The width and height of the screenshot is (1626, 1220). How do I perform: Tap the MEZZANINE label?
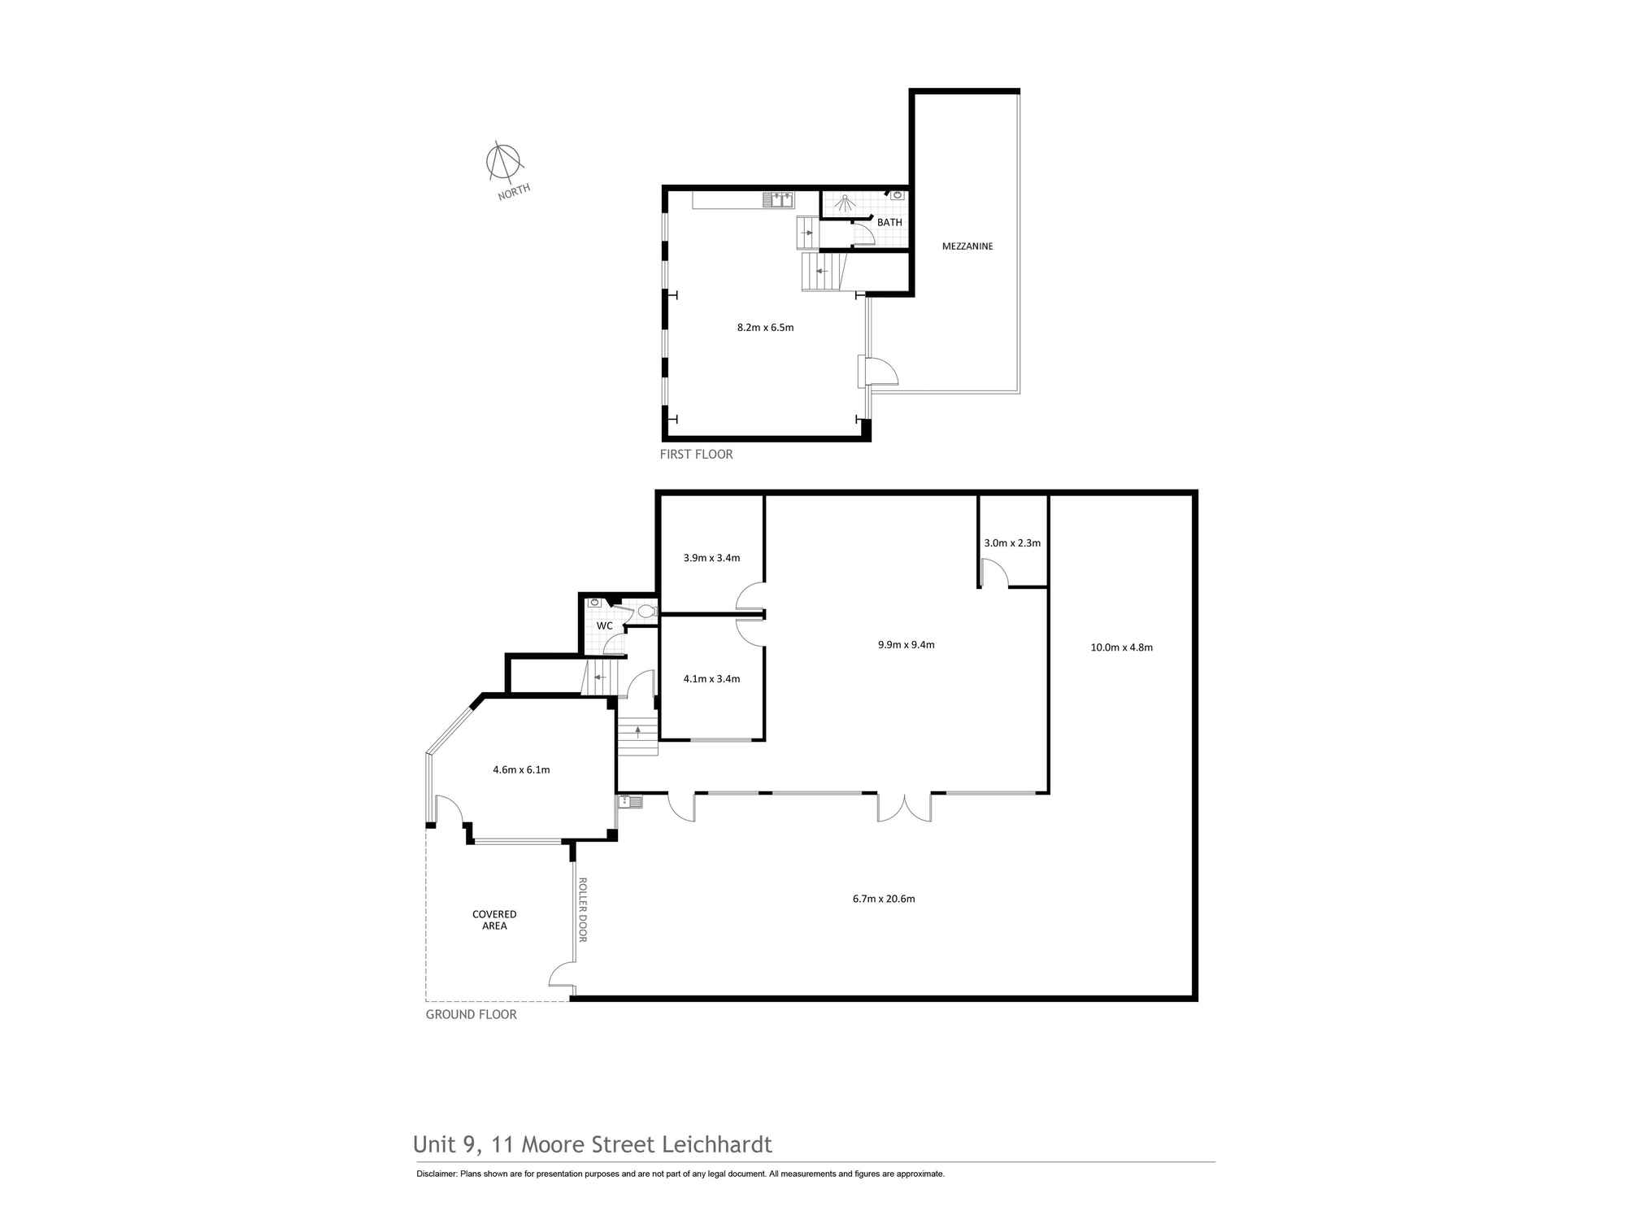(x=967, y=246)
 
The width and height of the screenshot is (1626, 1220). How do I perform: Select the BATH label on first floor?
(x=889, y=222)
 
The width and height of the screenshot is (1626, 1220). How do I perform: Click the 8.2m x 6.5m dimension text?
(x=765, y=328)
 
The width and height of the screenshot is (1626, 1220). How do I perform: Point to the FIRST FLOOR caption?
(x=696, y=455)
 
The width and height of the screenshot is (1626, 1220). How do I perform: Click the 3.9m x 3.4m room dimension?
(x=711, y=558)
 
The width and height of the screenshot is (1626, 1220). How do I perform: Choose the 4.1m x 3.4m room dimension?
(x=711, y=678)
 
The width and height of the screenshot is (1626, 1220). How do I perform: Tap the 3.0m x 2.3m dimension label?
(x=1012, y=542)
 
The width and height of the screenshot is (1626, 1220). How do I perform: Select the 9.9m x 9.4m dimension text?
(x=906, y=645)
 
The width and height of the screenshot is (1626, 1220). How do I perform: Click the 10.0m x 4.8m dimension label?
(x=1121, y=647)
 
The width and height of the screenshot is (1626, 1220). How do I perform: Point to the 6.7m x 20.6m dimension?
(x=884, y=899)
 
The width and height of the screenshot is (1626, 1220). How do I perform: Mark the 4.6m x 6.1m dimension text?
(x=521, y=769)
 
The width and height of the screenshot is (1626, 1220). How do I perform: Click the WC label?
(x=604, y=626)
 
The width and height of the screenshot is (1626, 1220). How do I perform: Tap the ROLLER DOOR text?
(x=582, y=910)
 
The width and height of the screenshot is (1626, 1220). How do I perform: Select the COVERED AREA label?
(x=494, y=920)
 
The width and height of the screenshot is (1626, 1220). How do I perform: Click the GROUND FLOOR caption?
(x=472, y=1014)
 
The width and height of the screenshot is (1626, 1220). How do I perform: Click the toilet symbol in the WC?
(x=646, y=611)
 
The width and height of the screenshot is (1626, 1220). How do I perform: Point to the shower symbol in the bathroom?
(x=845, y=203)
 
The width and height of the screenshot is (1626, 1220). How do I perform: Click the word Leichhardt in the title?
(x=717, y=1144)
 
